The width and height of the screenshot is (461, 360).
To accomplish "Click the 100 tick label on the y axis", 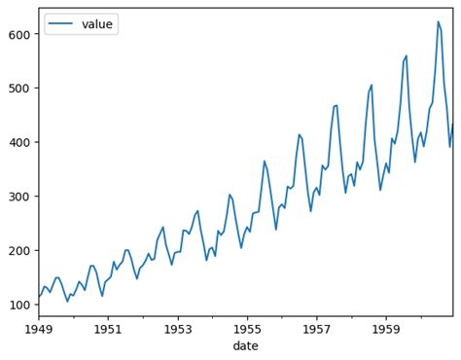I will pyautogui.click(x=19, y=305).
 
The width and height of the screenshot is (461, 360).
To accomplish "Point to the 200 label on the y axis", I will pyautogui.click(x=19, y=251).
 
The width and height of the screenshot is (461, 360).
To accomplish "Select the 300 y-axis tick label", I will pyautogui.click(x=19, y=197).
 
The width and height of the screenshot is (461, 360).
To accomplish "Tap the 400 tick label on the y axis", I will pyautogui.click(x=19, y=142).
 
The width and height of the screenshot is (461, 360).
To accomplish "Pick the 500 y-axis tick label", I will pyautogui.click(x=19, y=89).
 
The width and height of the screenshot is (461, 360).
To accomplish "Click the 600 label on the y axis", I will pyautogui.click(x=19, y=34).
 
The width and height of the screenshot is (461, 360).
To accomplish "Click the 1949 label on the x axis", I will pyautogui.click(x=39, y=330).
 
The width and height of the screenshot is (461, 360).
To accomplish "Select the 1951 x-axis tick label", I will pyautogui.click(x=108, y=330).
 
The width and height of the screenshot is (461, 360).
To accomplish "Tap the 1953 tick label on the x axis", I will pyautogui.click(x=178, y=330).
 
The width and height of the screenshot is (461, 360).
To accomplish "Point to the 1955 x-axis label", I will pyautogui.click(x=248, y=330).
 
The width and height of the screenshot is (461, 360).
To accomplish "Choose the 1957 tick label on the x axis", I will pyautogui.click(x=317, y=330).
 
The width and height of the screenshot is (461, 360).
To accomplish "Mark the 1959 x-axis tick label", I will pyautogui.click(x=387, y=330).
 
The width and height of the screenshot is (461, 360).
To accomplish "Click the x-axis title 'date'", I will pyautogui.click(x=246, y=347).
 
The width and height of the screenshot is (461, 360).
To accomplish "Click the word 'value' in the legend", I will pyautogui.click(x=97, y=23).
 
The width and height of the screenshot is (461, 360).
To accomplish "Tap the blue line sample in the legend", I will pyautogui.click(x=61, y=23).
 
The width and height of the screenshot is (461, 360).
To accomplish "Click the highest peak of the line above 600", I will pyautogui.click(x=438, y=21).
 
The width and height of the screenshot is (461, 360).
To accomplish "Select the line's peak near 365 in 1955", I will pyautogui.click(x=265, y=161).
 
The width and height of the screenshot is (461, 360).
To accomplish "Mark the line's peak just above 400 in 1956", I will pyautogui.click(x=299, y=134).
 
